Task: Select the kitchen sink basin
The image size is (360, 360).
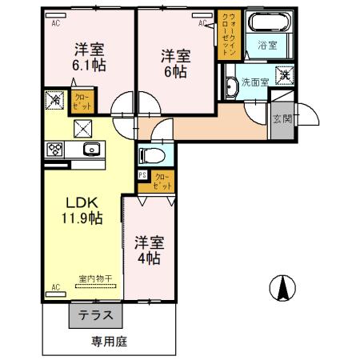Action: pyautogui.click(x=90, y=148)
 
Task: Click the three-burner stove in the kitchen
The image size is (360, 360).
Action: pyautogui.click(x=55, y=148)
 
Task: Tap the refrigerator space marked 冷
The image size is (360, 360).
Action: pyautogui.click(x=54, y=101)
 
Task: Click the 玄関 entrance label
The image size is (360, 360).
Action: pyautogui.click(x=282, y=119)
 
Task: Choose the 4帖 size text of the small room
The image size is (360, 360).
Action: pyautogui.click(x=148, y=258)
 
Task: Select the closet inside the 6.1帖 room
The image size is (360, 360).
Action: pyautogui.click(x=84, y=102)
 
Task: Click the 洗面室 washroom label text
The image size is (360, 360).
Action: pyautogui.click(x=255, y=82)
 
